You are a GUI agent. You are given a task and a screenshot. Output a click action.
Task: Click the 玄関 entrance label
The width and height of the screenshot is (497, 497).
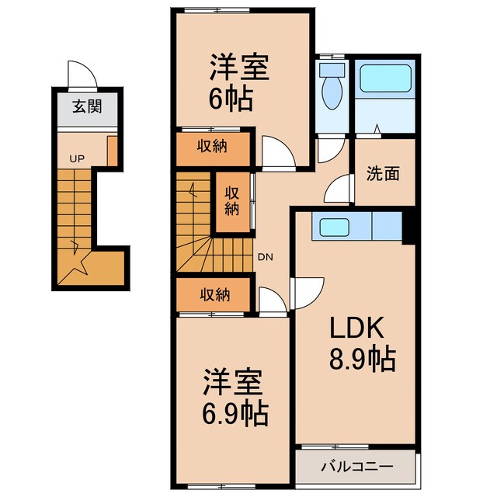(88, 107)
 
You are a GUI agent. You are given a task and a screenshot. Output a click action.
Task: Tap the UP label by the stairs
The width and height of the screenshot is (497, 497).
(77, 159)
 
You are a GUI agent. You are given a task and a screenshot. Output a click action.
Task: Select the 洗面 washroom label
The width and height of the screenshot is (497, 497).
(383, 174)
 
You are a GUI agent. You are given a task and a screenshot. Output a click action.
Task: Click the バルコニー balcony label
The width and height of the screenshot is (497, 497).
(357, 467)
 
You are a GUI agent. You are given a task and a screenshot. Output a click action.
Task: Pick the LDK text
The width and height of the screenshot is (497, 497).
(350, 329)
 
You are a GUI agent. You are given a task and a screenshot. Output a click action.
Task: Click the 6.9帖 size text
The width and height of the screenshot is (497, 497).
(235, 411)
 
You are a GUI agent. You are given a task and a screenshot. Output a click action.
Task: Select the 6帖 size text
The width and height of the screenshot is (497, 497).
(231, 99)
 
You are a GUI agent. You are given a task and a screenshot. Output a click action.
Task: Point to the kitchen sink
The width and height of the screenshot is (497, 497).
(334, 228)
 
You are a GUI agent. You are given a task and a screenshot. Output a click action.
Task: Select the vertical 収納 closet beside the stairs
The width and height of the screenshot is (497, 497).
(231, 201)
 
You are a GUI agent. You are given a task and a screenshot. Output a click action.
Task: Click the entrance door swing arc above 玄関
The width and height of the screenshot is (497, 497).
(82, 76)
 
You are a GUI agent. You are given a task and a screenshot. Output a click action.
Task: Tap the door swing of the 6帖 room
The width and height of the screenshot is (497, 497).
(278, 152)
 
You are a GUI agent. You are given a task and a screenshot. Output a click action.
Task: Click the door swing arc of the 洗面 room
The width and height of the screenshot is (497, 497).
(339, 189)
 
